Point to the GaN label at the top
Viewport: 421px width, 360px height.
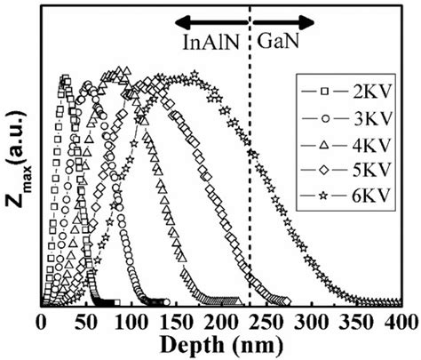click(277, 41)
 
